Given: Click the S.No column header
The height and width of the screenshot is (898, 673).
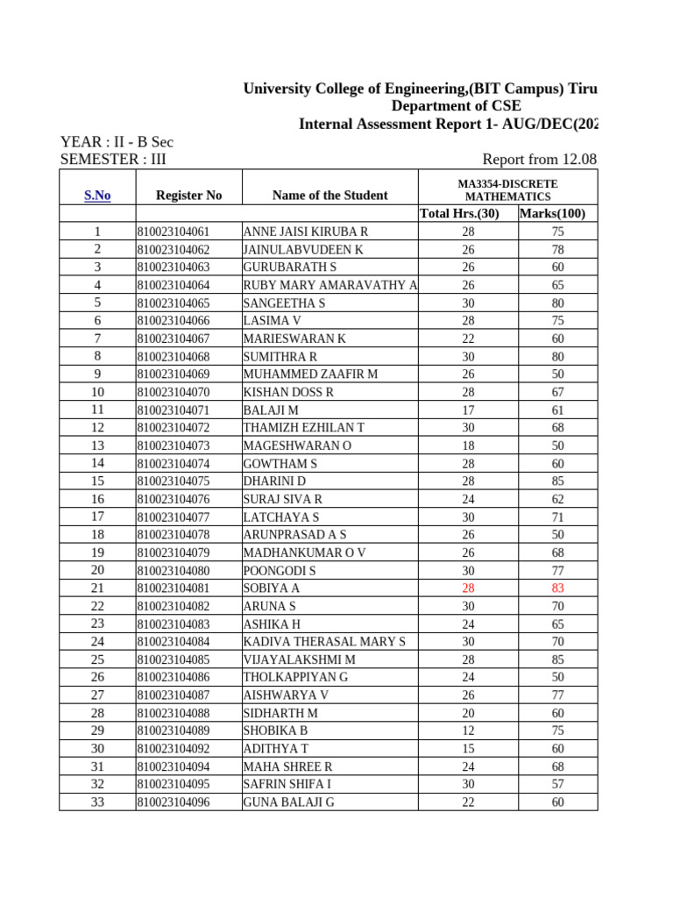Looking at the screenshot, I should (x=97, y=196).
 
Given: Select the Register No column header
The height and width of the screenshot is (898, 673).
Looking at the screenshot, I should (x=188, y=196).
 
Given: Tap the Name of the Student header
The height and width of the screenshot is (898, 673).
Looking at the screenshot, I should (x=329, y=196).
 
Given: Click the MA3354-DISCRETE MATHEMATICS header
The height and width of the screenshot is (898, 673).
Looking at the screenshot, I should (x=507, y=190).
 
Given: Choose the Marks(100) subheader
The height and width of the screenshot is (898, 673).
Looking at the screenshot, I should (x=552, y=213).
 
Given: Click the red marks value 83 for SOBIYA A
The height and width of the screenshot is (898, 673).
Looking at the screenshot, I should (x=557, y=588).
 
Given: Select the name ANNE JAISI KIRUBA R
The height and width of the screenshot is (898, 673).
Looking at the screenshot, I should (x=305, y=232).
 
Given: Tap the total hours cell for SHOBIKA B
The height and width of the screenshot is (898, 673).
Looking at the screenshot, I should (x=468, y=731).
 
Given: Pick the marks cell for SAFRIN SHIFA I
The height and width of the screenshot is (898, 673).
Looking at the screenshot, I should (x=557, y=784).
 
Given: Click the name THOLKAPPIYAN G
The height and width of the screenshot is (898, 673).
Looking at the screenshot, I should (x=295, y=677).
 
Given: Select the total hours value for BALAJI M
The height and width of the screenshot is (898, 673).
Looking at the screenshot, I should (x=468, y=410).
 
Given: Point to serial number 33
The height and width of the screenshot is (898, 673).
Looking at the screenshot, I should (x=97, y=802).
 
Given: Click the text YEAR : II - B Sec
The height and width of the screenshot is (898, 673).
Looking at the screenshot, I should (x=117, y=142).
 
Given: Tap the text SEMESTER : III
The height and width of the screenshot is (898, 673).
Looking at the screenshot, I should (x=112, y=160).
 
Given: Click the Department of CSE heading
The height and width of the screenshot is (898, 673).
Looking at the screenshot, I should (x=456, y=106).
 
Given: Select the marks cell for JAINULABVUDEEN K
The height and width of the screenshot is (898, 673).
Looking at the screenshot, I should (x=557, y=250).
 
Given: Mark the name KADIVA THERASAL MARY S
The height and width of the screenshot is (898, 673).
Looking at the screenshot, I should (x=324, y=642).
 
